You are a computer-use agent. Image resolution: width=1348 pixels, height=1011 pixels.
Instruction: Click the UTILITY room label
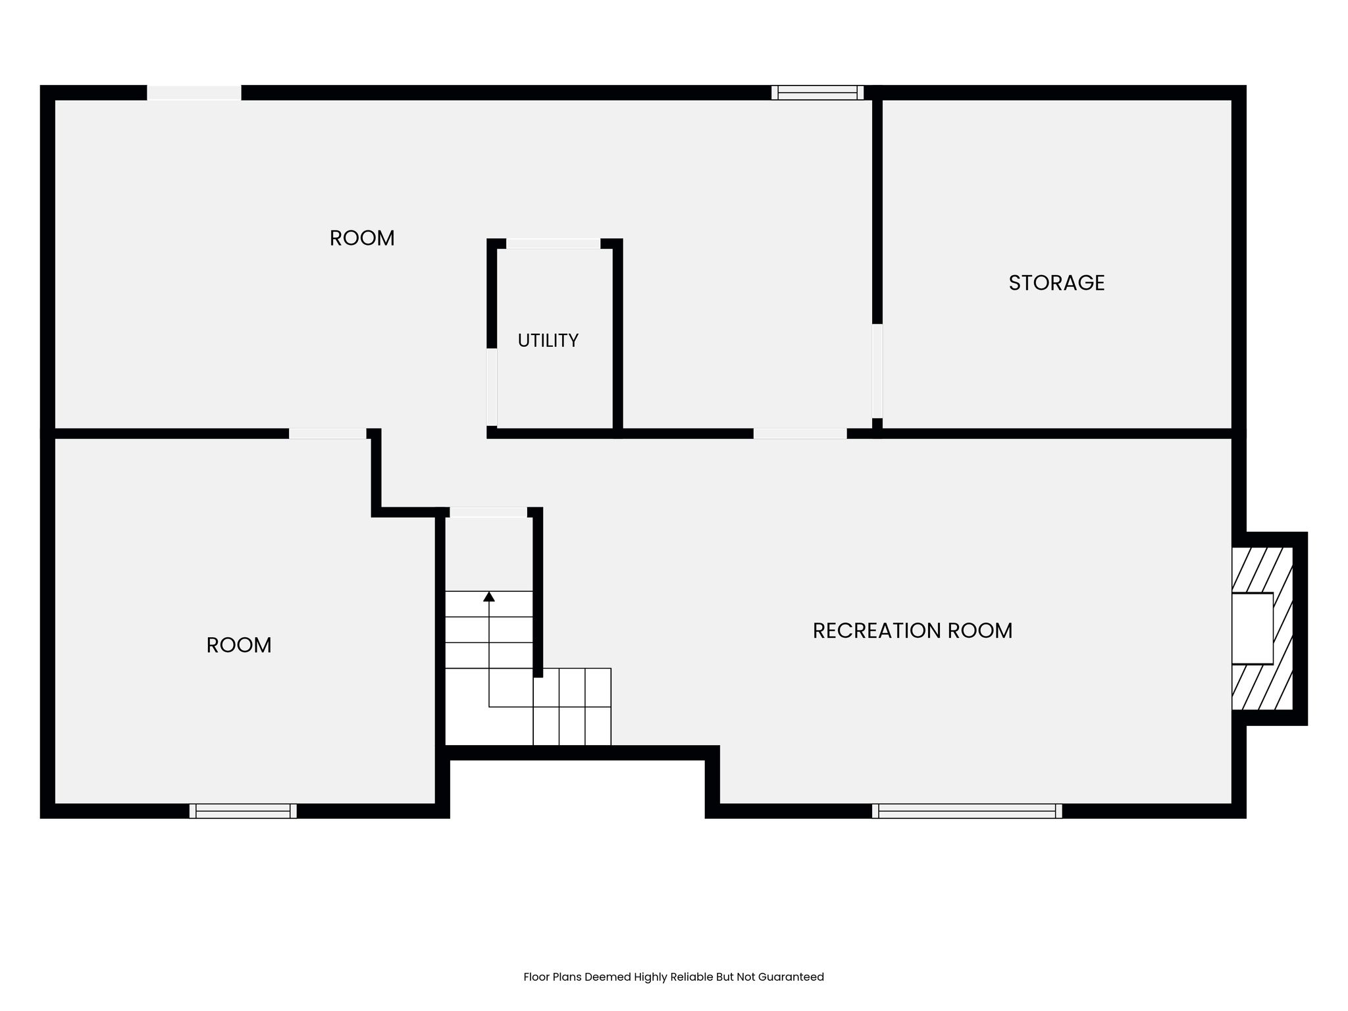(x=548, y=340)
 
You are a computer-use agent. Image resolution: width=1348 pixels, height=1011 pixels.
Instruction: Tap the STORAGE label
(x=1056, y=282)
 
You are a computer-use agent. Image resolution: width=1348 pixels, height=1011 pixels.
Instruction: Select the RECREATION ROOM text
(x=912, y=631)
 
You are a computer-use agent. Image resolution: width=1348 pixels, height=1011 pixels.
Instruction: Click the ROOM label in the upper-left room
(x=362, y=238)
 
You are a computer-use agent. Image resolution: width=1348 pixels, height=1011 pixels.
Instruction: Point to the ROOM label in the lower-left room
(x=239, y=645)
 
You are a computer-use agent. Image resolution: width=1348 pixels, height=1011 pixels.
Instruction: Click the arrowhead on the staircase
(x=489, y=596)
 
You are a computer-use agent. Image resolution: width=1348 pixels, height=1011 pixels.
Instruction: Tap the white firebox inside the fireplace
(x=1253, y=628)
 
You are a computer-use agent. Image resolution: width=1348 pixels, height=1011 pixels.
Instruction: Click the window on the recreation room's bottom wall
(x=967, y=811)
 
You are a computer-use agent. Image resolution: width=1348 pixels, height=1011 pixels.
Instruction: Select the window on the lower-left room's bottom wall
(x=243, y=811)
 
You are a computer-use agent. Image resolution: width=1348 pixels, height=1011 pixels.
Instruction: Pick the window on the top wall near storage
(x=817, y=93)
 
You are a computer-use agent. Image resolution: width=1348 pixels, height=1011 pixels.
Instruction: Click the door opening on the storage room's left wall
(x=877, y=371)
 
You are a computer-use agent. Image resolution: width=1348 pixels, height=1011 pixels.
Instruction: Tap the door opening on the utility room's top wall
(x=553, y=244)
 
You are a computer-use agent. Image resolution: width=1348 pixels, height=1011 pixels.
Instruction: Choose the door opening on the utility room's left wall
(x=492, y=387)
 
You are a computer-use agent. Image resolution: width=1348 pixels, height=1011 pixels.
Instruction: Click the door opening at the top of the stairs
(x=488, y=512)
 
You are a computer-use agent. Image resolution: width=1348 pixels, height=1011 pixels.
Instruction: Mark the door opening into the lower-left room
(x=328, y=434)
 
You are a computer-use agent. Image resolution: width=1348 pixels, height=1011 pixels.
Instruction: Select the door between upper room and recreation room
(x=800, y=434)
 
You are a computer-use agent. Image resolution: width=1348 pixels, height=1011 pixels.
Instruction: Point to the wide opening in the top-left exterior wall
(x=194, y=93)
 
